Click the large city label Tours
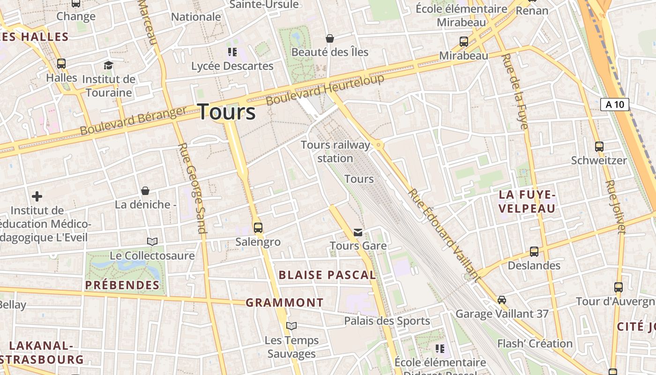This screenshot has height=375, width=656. pos(227,112)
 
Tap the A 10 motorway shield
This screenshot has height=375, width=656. pos(614,104)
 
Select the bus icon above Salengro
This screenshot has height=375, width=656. pos(258,228)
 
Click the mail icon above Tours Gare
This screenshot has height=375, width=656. pos(358,232)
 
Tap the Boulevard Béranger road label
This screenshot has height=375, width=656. pos(134,121)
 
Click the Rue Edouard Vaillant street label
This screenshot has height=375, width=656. pos(444,235)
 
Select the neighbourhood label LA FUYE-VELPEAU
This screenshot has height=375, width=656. pos(527,202)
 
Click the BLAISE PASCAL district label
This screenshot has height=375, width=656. pos(327,275)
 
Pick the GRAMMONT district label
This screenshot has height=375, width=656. pos(284,303)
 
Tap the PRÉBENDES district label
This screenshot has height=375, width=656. pos(122,285)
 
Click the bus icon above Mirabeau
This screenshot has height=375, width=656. pos(463,42)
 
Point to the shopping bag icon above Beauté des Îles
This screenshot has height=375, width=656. pos(330,38)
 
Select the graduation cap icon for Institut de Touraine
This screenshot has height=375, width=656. pos(109,65)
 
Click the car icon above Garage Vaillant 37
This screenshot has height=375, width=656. pos(502,300)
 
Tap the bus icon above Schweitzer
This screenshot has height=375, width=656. pos(599,146)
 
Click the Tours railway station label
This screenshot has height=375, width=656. pos(335,151)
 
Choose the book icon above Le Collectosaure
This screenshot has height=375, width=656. pos(152,241)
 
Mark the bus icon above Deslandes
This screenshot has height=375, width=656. pos(534,252)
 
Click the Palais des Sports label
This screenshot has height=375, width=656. pos(387,321)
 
